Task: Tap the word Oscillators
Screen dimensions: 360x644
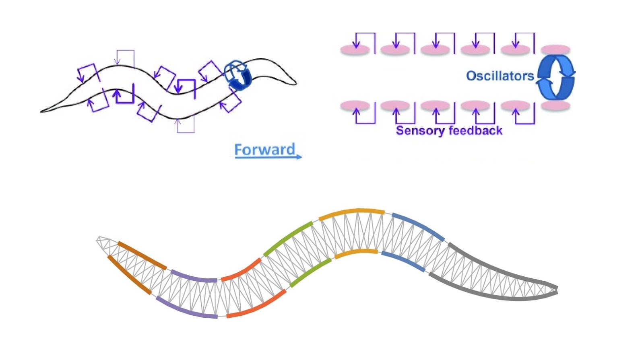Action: click(500, 76)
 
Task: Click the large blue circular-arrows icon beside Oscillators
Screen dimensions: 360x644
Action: click(556, 77)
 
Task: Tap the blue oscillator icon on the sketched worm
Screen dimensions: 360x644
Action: click(237, 75)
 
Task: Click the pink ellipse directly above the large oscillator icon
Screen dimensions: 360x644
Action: click(555, 50)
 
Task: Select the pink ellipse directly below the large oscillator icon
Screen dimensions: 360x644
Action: click(555, 105)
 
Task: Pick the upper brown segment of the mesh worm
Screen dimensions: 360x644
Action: click(142, 255)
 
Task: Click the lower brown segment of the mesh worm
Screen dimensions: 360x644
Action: click(129, 275)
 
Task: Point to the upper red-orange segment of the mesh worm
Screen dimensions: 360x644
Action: click(242, 270)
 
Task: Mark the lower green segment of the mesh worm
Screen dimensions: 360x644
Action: click(310, 272)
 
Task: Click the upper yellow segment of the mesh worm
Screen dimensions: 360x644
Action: click(351, 212)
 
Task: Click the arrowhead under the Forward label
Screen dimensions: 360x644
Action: click(299, 157)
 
